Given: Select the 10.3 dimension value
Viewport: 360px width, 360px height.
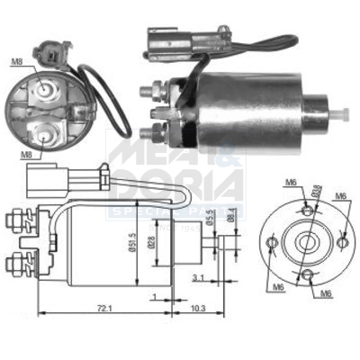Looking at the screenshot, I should (x=198, y=308).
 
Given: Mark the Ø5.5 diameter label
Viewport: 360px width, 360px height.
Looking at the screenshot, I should (x=209, y=216).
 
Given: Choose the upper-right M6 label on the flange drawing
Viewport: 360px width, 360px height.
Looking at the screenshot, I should (x=341, y=195).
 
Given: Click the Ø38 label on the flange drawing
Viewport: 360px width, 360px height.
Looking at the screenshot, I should (x=315, y=191).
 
